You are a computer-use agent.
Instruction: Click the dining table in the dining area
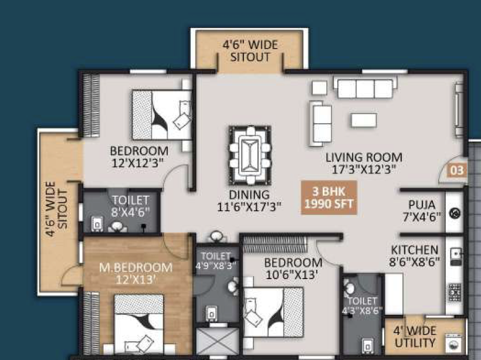coord(250,155)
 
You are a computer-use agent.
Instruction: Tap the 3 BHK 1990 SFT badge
coord(329,198)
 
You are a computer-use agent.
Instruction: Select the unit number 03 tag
coord(457,170)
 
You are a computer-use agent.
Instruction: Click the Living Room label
coord(364,163)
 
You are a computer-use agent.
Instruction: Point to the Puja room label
coord(422,210)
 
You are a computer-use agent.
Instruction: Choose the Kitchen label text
coord(415,256)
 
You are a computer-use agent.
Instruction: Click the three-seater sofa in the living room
coord(365,88)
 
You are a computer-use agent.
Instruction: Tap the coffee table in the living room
coord(364,120)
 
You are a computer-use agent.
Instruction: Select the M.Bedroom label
coord(136,273)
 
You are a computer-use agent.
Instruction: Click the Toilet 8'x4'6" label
coord(130,206)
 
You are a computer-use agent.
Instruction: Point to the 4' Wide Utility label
coord(415,337)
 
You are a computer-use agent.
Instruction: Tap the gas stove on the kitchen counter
coord(455,292)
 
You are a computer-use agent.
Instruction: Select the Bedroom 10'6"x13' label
coord(293,269)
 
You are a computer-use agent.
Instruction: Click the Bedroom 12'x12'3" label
coord(139,157)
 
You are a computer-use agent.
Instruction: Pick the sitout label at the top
coord(250,51)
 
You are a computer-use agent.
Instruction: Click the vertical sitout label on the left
coord(56,209)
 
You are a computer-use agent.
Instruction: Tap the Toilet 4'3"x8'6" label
coord(363,305)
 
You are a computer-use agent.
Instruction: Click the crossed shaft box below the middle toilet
coord(217,341)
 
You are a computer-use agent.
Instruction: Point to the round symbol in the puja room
coord(455,213)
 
